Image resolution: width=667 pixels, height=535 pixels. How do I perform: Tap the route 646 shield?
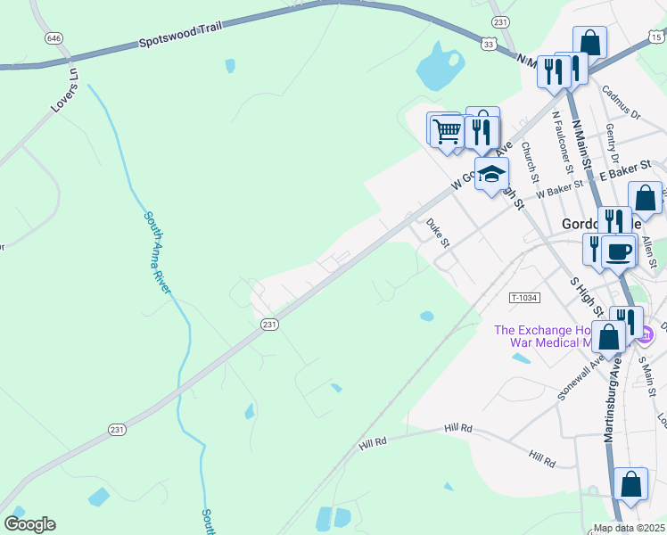(x=54, y=38)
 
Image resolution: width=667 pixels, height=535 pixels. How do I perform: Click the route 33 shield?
(x=488, y=43)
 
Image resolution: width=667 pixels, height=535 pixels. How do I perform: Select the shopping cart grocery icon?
(x=447, y=130)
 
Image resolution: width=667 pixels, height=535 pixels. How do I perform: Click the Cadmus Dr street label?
(x=622, y=103)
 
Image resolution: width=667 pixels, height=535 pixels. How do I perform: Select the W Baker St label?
(x=559, y=190)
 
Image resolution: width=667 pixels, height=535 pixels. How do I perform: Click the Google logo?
(x=29, y=524)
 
